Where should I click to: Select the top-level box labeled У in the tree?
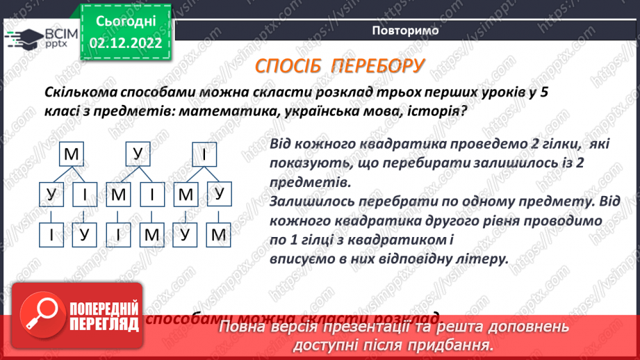click(137, 155)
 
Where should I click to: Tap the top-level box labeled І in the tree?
click(204, 155)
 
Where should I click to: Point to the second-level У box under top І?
click(219, 195)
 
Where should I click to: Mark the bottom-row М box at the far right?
click(219, 235)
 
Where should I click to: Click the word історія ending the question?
click(431, 111)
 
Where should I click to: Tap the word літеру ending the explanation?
click(479, 257)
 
